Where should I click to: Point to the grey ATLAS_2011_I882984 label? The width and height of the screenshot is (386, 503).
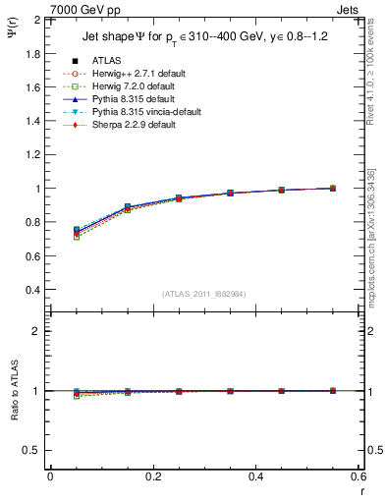(x=203, y=294)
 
